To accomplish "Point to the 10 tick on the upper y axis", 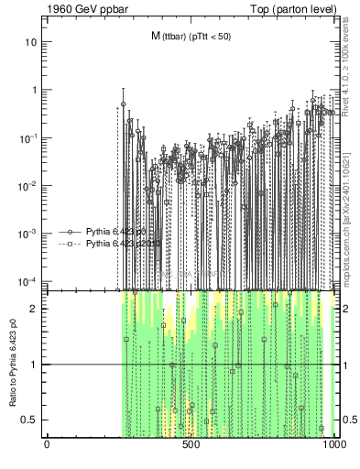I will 31,42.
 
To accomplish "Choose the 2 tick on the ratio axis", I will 34,309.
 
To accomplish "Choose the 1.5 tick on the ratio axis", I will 30,336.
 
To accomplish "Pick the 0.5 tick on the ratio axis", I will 30,420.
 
